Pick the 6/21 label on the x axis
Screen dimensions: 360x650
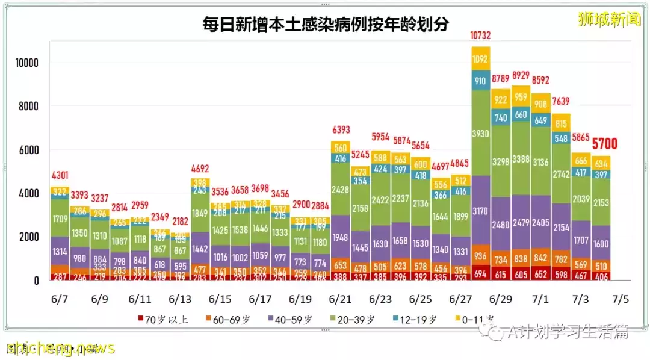click(341, 299)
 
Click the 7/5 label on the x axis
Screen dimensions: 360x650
click(621, 299)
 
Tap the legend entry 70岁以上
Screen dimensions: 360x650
click(164, 319)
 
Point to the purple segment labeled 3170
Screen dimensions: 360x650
click(480, 211)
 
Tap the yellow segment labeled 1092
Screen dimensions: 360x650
click(480, 59)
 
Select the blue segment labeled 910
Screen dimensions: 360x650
click(480, 81)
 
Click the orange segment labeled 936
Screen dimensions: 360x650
click(480, 255)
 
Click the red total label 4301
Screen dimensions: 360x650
click(60, 176)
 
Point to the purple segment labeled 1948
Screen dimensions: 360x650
click(341, 236)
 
